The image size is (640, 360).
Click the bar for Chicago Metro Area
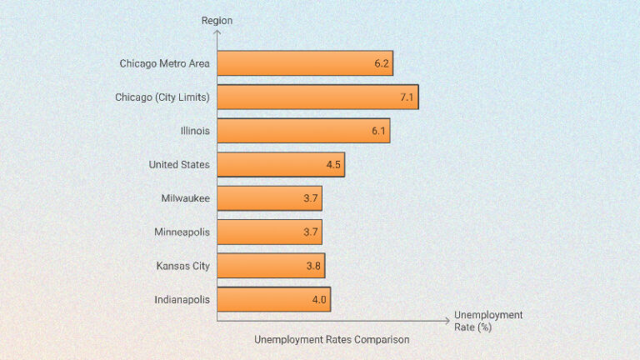tap(305, 63)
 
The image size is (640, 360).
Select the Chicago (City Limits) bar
tap(317, 97)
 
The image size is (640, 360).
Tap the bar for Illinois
tap(303, 131)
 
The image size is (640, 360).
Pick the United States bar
tap(281, 165)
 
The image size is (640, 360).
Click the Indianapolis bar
tap(274, 299)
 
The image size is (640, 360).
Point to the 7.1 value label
tap(407, 97)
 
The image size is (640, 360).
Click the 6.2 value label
tap(382, 63)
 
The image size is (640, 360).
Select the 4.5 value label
tap(333, 165)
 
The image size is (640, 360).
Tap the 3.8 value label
tap(313, 266)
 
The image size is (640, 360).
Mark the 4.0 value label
tap(319, 299)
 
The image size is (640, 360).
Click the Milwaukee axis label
tap(186, 198)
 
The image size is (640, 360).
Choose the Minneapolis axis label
tap(182, 232)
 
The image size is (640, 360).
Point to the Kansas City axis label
tap(183, 266)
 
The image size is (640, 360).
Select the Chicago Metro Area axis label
tap(165, 63)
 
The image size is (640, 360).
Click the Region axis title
tap(217, 20)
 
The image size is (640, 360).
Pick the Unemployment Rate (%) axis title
tap(488, 321)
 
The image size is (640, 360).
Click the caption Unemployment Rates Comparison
tap(332, 340)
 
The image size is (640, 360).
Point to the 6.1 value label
tap(378, 131)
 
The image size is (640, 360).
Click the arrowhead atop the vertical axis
tap(217, 33)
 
